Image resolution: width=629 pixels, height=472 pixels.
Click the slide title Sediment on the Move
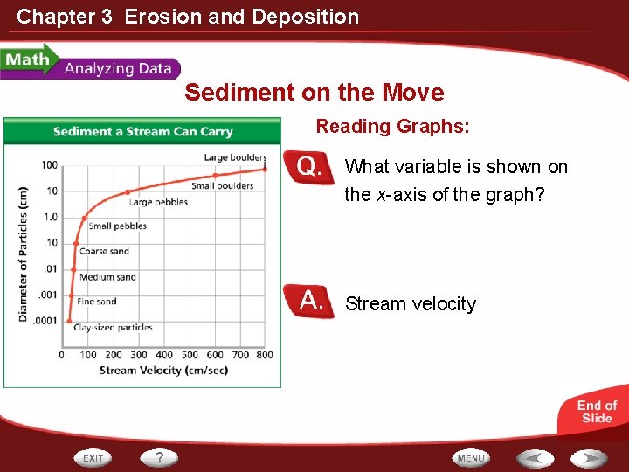(314, 93)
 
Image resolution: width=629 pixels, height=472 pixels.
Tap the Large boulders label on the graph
(235, 157)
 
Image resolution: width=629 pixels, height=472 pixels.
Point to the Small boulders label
(222, 185)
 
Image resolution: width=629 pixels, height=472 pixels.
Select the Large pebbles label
(158, 202)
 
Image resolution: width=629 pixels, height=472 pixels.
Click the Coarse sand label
(104, 252)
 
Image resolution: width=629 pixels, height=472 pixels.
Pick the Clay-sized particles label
(113, 328)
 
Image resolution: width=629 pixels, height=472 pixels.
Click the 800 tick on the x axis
(264, 355)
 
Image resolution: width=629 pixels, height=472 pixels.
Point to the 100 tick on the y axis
(49, 165)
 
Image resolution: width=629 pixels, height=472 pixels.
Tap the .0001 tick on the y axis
(45, 321)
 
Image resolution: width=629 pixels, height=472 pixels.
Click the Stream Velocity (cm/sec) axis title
(163, 371)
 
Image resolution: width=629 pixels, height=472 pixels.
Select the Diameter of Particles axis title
(24, 253)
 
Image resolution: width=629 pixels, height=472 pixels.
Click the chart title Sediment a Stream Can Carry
(142, 132)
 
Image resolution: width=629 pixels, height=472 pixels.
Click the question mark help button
(159, 457)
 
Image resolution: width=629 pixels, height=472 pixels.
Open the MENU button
(471, 458)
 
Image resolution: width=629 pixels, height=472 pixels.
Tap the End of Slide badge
(597, 412)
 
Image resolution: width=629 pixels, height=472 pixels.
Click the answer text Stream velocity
(411, 304)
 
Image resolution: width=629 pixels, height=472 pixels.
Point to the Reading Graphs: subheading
(392, 127)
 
